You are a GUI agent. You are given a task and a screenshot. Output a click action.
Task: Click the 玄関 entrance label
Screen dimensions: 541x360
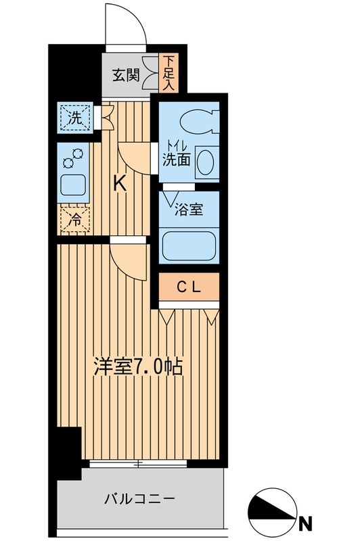(127, 75)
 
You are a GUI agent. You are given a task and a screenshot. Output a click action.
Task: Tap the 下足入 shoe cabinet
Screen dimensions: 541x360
(168, 74)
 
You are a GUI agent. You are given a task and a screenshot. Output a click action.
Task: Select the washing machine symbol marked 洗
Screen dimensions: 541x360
(72, 117)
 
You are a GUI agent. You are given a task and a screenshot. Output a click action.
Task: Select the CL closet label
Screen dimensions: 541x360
(189, 287)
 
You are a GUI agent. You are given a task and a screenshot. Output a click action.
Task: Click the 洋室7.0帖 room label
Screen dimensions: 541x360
(137, 369)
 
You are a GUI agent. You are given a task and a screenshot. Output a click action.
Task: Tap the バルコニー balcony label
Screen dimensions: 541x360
(139, 500)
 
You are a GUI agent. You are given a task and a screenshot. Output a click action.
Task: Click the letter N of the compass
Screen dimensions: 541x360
(306, 521)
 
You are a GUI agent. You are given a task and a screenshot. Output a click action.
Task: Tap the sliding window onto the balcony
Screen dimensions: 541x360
(139, 465)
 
